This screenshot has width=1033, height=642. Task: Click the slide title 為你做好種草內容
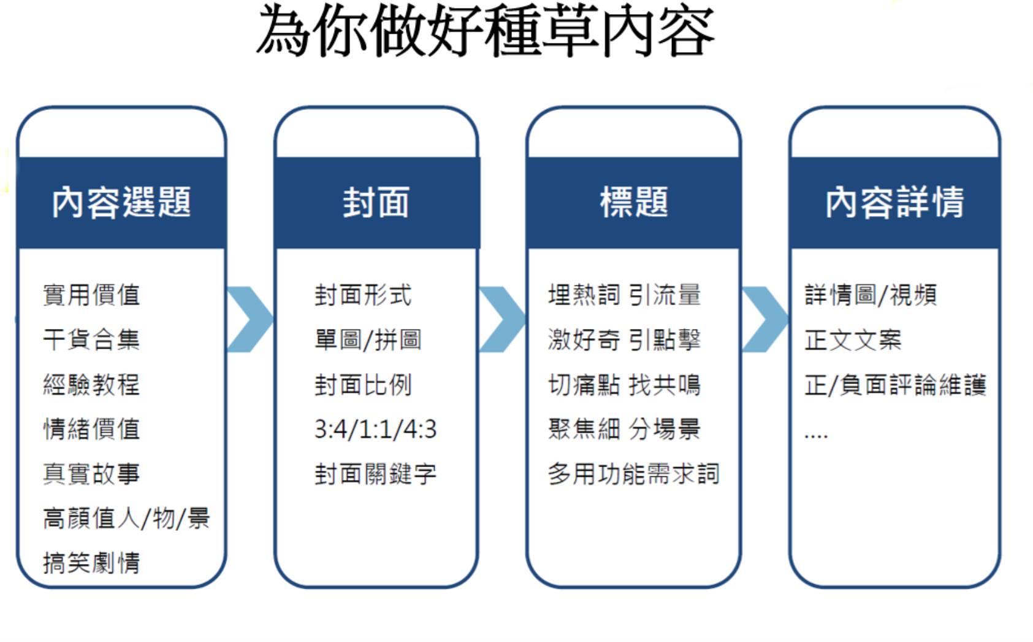[x=485, y=31]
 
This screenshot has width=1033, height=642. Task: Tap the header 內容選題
[x=121, y=202]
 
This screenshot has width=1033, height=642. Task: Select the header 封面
[x=376, y=202]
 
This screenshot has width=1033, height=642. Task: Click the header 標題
[x=634, y=202]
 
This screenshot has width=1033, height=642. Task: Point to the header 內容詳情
[x=894, y=202]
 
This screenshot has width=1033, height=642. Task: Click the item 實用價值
[x=91, y=295]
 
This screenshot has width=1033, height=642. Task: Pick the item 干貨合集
[x=91, y=339]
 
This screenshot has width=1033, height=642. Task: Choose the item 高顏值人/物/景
[x=126, y=518]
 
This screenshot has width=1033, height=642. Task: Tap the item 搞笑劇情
[x=91, y=563]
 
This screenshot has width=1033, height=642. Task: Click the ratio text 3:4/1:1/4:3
[x=375, y=430]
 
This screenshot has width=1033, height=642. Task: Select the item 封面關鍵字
[x=375, y=474]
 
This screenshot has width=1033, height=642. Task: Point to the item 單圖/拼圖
[x=368, y=339]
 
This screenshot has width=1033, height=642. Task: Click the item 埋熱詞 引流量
[x=625, y=295]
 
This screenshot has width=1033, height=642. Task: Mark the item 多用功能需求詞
[x=634, y=474]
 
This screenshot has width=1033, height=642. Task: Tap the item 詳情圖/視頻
[x=871, y=295]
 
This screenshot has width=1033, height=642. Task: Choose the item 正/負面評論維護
[x=895, y=385]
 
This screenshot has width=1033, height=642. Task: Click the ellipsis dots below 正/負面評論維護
[x=816, y=435]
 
